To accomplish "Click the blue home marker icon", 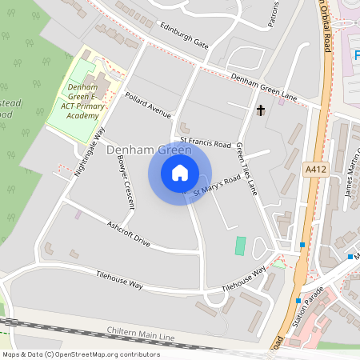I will tap(180, 173).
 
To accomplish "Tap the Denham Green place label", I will tap(148, 150).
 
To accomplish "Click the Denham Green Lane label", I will tap(264, 87).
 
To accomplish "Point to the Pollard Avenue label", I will tap(148, 105).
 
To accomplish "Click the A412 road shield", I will tap(317, 170).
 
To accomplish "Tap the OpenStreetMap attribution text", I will tap(81, 354).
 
